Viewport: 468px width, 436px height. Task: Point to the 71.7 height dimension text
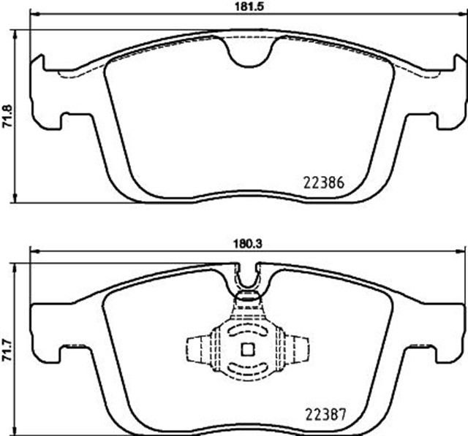coord(8,352)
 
